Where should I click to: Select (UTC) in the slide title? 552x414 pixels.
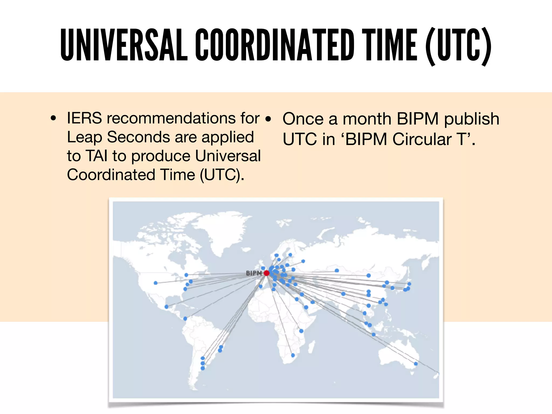point(458,46)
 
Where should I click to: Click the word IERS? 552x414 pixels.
point(84,118)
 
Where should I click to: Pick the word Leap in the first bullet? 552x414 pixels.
point(84,138)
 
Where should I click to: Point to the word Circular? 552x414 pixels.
point(422,139)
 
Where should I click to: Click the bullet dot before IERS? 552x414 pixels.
point(54,118)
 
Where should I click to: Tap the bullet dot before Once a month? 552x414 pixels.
point(268,119)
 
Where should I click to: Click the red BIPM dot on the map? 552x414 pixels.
point(267,273)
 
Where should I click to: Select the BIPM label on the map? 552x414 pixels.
point(254,273)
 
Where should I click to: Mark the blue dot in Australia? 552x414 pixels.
point(416,364)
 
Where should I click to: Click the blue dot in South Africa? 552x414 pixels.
point(293,355)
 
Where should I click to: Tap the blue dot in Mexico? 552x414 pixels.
point(166,307)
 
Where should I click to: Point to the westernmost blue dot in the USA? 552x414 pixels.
point(156,283)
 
